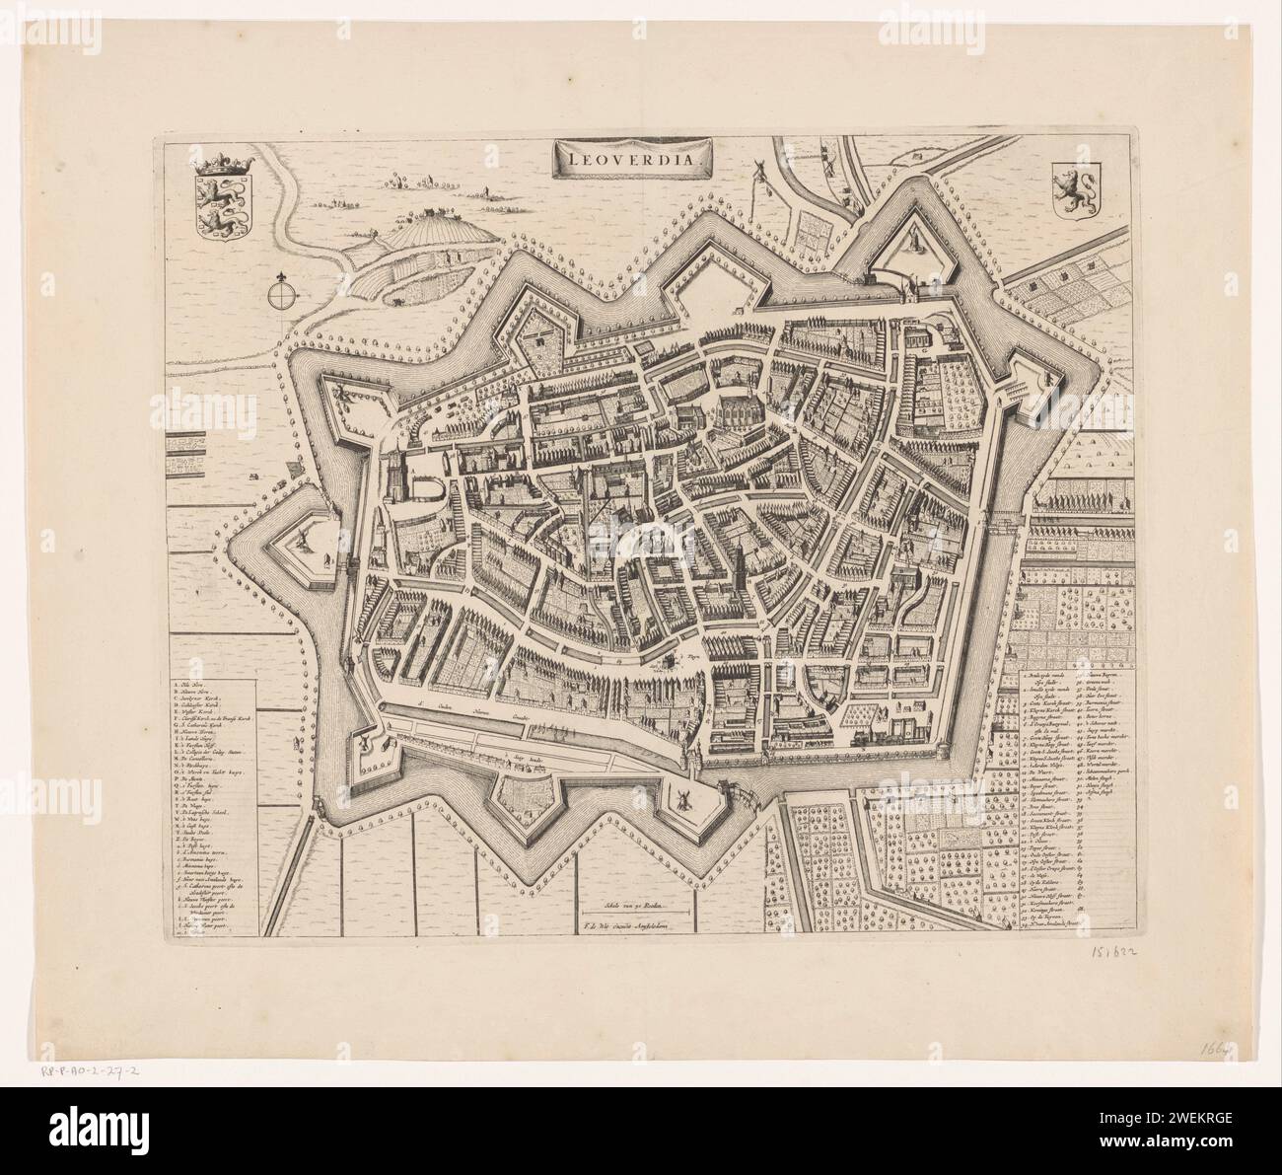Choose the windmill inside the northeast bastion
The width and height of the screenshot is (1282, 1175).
click(x=915, y=238)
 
